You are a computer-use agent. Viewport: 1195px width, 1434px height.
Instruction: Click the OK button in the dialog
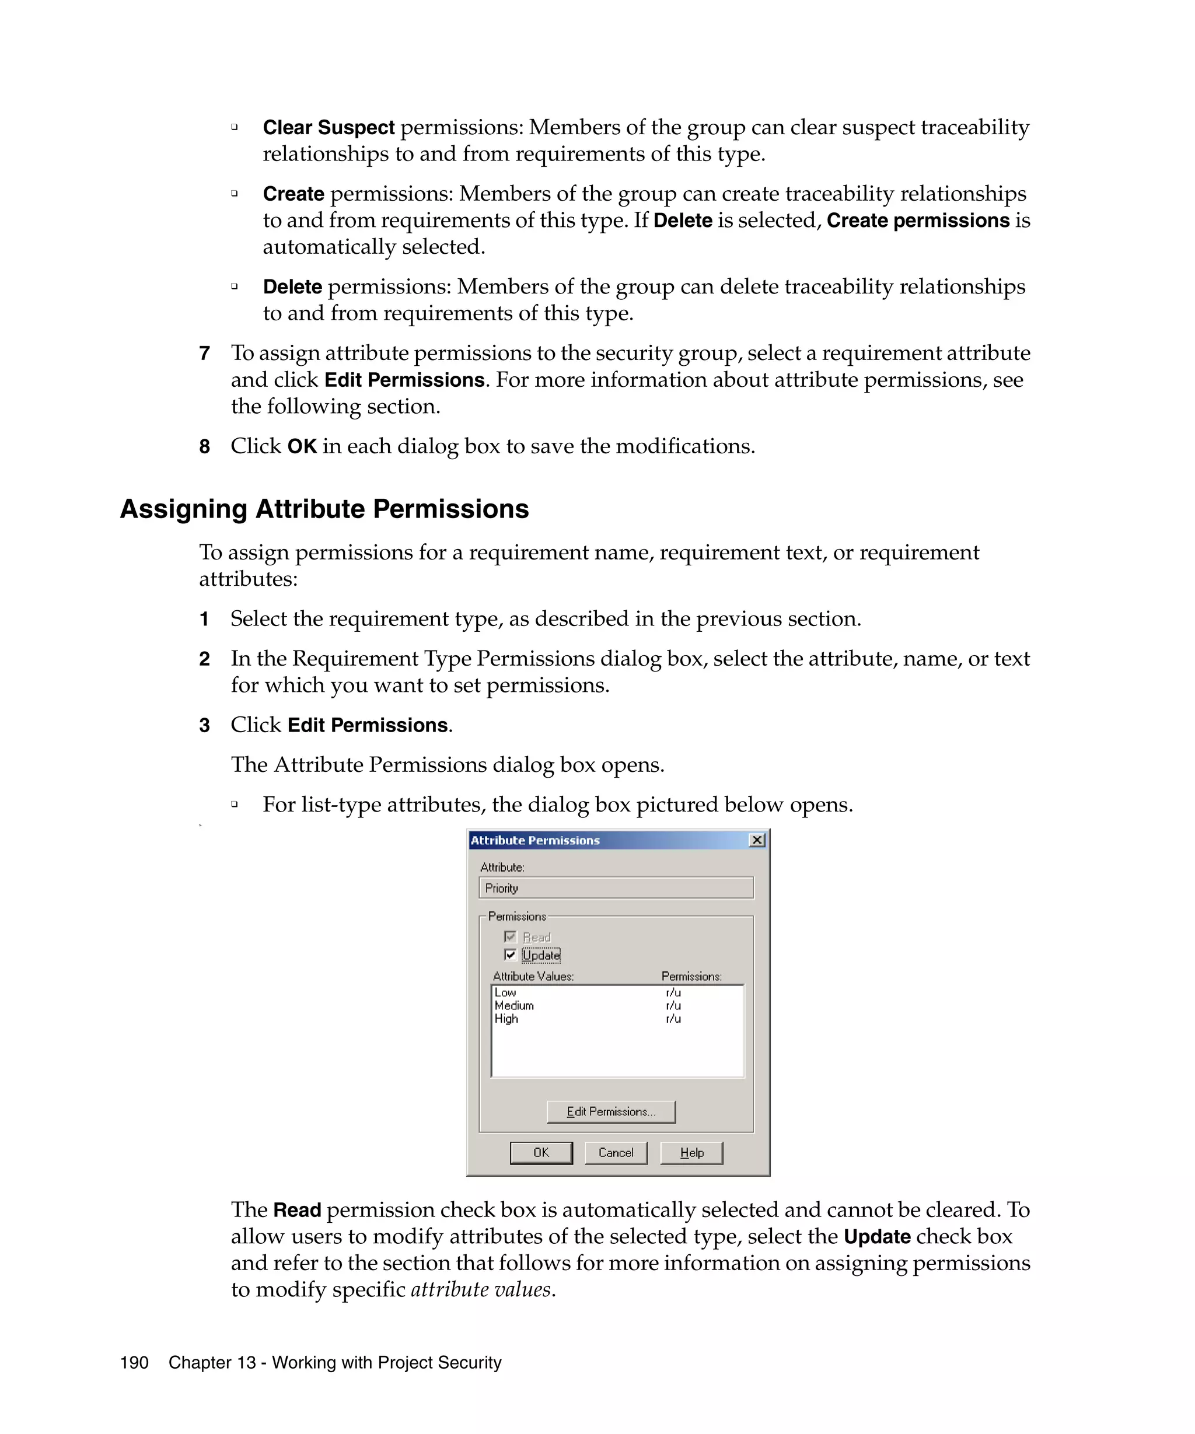(541, 1153)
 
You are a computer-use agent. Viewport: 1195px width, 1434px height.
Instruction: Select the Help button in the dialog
(691, 1153)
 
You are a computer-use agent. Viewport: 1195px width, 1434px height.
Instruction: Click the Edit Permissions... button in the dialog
(611, 1112)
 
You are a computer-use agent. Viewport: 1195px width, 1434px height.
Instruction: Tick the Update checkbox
(510, 954)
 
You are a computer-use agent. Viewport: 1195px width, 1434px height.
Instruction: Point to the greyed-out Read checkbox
(510, 937)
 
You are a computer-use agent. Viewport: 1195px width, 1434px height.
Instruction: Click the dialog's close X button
(757, 840)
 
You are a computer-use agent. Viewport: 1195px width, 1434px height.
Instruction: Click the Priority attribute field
(616, 888)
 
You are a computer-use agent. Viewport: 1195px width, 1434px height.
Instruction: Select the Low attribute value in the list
(505, 992)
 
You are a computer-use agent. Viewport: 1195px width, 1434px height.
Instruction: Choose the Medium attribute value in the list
(514, 1005)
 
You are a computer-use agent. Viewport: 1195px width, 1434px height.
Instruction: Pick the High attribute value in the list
(506, 1018)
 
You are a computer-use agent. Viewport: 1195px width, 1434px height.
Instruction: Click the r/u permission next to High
(673, 1018)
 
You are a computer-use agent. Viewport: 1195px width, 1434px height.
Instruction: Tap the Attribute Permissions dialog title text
(536, 840)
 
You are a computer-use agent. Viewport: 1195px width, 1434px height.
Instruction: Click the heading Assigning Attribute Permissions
(324, 509)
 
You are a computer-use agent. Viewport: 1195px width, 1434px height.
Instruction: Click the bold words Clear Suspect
(329, 128)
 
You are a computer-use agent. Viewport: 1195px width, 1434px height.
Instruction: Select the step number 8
(204, 446)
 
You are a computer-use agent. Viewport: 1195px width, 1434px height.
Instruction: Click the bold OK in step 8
(302, 446)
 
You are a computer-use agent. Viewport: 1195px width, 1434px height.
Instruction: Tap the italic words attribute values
(481, 1289)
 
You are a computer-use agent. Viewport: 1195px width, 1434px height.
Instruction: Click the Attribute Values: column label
(533, 977)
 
